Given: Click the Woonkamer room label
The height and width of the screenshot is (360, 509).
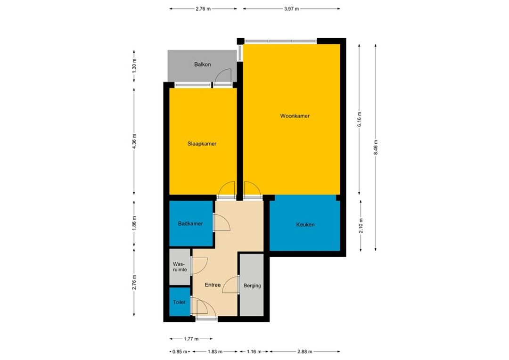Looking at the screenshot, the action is tap(295, 116).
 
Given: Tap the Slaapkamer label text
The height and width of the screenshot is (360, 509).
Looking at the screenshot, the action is tap(202, 144).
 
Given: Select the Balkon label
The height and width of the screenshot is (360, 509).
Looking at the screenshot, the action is tap(203, 64).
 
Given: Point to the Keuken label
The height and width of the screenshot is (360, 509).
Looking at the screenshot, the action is tap(305, 224).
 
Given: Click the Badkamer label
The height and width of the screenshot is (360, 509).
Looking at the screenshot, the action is tap(190, 223).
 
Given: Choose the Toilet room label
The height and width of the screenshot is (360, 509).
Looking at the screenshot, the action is tap(179, 302).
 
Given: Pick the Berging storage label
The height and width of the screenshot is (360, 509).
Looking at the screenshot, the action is tap(252, 286).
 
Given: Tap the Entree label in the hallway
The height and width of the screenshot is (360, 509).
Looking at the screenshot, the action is tap(213, 285).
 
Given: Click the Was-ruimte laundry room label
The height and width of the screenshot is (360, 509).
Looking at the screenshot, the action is tap(180, 267).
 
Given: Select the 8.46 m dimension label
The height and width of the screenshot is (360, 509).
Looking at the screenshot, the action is tap(376, 147).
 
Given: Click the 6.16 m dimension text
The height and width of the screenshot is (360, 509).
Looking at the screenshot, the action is tap(359, 120).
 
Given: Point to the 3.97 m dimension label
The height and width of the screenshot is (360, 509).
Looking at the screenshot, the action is tap(291, 9).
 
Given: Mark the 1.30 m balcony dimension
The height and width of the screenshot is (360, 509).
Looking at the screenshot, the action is tap(134, 65).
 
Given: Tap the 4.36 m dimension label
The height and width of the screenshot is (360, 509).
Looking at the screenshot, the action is tap(134, 141).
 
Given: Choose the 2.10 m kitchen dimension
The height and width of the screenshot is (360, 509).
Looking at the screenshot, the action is tap(361, 225).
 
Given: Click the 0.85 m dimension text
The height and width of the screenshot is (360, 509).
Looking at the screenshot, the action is tap(180, 352).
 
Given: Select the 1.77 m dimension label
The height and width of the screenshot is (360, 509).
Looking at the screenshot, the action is tap(191, 339).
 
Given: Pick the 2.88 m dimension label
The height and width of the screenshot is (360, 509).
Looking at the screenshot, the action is tap(304, 352).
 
